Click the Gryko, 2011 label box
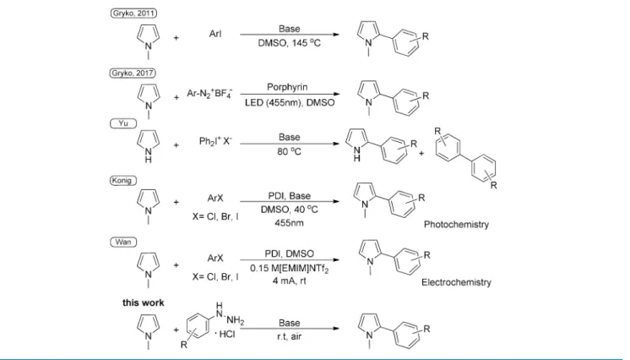coord(133,14)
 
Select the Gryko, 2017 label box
coord(133,74)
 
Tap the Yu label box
coord(123,123)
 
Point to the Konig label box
coord(123,181)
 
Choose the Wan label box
coord(123,243)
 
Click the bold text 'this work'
coord(143,303)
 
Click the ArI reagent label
coord(215,34)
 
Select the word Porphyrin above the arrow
coord(287,87)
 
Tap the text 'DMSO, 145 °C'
coord(290,42)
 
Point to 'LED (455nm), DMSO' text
coord(290,102)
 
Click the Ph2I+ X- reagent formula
coord(215,141)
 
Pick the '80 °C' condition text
coord(290,151)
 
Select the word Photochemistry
coord(456,225)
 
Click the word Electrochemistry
coord(456,282)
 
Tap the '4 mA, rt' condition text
coord(290,281)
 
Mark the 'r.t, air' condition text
coord(290,336)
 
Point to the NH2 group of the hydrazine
coord(236,320)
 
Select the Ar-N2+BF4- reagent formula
coord(209,94)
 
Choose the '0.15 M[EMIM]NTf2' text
coord(290,268)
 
